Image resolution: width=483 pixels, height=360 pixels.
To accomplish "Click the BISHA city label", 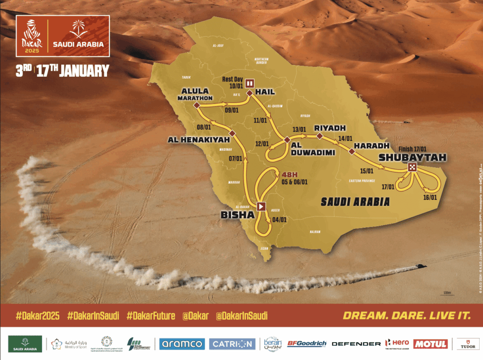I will point(233,215).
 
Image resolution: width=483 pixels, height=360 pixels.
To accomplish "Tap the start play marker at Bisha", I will point(261,206).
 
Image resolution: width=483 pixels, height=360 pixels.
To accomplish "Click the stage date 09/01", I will point(232,111).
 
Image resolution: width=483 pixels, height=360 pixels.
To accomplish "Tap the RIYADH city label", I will point(330,128).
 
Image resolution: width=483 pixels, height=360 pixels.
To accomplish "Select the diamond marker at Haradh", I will point(351,151).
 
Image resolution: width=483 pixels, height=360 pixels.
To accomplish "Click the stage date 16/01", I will point(429,197).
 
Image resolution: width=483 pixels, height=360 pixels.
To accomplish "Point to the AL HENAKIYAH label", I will point(200,140).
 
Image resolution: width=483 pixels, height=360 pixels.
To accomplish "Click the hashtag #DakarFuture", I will point(150,316).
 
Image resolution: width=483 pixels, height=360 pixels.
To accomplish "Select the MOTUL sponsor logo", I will point(430,344).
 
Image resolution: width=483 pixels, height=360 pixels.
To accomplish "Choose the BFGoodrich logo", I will point(307,344).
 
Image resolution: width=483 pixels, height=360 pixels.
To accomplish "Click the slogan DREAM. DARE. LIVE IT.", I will point(407,316).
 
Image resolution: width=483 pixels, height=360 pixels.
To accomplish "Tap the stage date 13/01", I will point(300,129).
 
